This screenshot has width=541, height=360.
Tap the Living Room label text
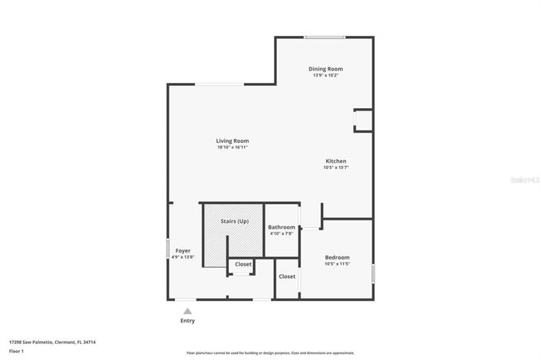tap(232, 140)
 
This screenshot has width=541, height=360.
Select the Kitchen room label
tap(335, 160)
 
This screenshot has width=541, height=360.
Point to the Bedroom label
tap(337, 257)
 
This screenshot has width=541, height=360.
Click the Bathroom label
tap(282, 227)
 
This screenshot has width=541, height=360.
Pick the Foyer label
tap(183, 250)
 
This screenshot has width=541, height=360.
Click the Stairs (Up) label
tap(234, 221)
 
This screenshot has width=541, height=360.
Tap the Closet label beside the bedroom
tap(287, 276)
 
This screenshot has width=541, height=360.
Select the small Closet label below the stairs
tap(243, 264)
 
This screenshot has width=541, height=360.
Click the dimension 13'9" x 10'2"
tap(325, 75)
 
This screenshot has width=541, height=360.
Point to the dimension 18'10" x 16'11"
tap(232, 147)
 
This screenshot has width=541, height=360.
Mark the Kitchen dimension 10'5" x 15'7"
tap(335, 167)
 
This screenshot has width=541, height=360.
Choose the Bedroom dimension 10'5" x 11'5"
tap(337, 264)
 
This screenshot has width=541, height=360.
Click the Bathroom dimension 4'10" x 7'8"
tap(282, 234)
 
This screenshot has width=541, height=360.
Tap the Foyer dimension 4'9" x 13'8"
tap(183, 257)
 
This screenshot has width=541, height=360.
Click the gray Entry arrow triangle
tap(187, 311)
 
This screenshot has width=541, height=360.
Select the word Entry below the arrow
tap(187, 320)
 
